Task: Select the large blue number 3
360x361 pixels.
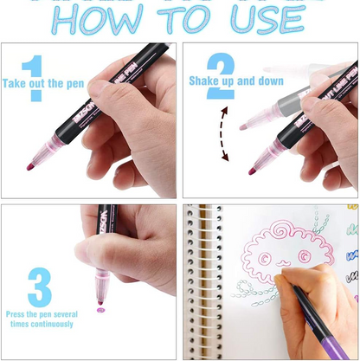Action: (40, 285)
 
